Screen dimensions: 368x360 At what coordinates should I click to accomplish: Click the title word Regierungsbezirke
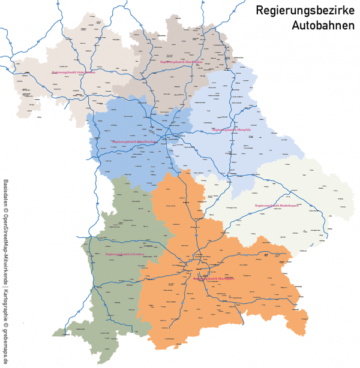[305, 10]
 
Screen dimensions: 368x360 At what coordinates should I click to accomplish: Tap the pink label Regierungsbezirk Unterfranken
[73, 72]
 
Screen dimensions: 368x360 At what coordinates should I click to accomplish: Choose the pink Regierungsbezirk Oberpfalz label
[231, 129]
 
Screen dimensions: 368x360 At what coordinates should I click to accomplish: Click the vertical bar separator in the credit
[5, 291]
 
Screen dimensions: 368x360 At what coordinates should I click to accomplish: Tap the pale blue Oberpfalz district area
[240, 150]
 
